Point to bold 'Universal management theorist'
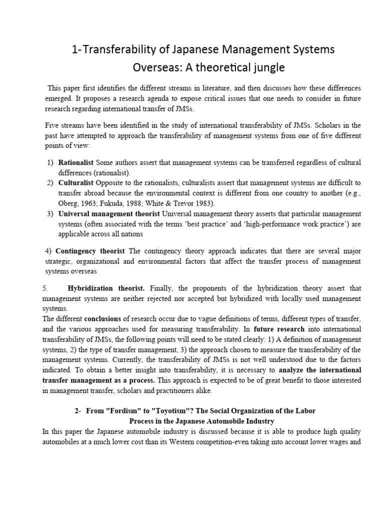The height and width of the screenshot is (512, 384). click(110, 214)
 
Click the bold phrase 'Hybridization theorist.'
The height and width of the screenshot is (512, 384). click(106, 288)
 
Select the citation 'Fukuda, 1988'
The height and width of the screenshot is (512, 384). click(118, 203)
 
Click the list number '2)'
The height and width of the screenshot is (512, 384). click(50, 182)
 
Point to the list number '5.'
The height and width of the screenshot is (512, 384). click(45, 288)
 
